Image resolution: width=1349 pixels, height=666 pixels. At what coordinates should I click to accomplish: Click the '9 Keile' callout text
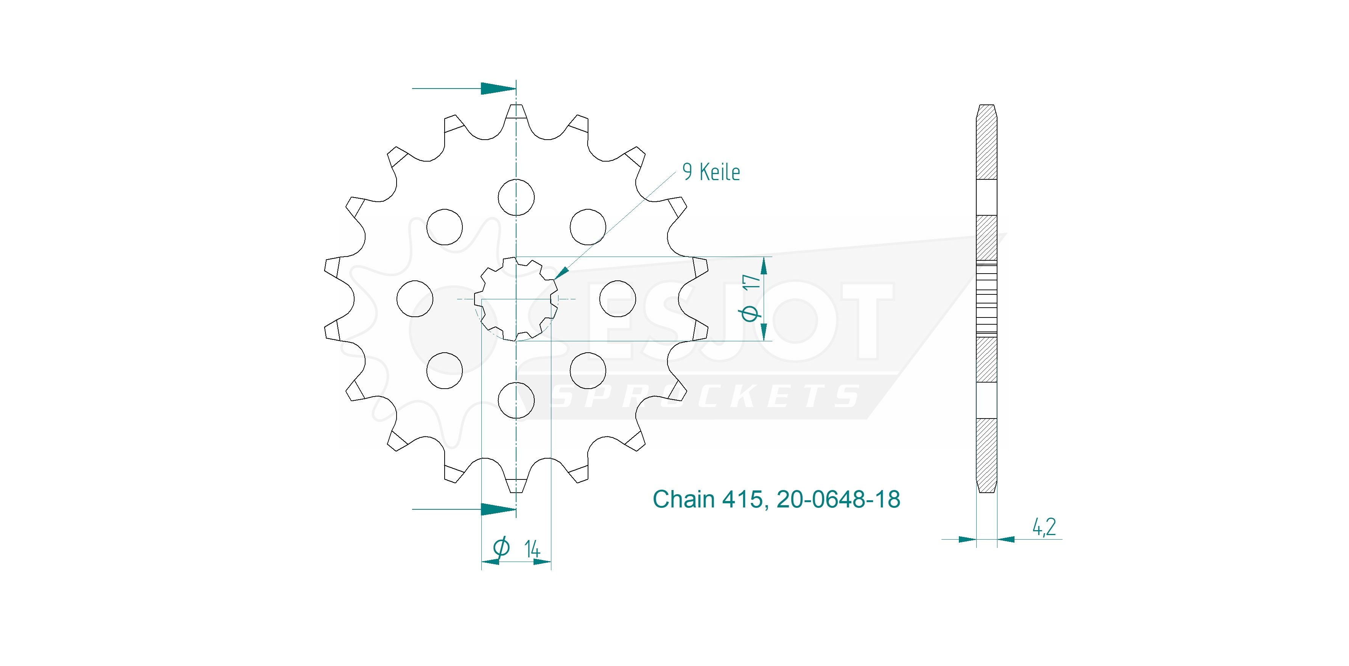click(711, 172)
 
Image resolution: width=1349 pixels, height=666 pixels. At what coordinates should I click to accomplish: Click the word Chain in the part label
click(683, 499)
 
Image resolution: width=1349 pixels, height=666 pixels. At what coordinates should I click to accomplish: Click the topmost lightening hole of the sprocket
click(517, 198)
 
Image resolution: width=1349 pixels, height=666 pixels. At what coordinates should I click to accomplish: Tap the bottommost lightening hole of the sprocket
click(517, 400)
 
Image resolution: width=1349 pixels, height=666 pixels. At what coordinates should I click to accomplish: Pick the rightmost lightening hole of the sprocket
click(618, 299)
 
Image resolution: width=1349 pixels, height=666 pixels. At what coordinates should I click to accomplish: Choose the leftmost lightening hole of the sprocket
click(415, 299)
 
